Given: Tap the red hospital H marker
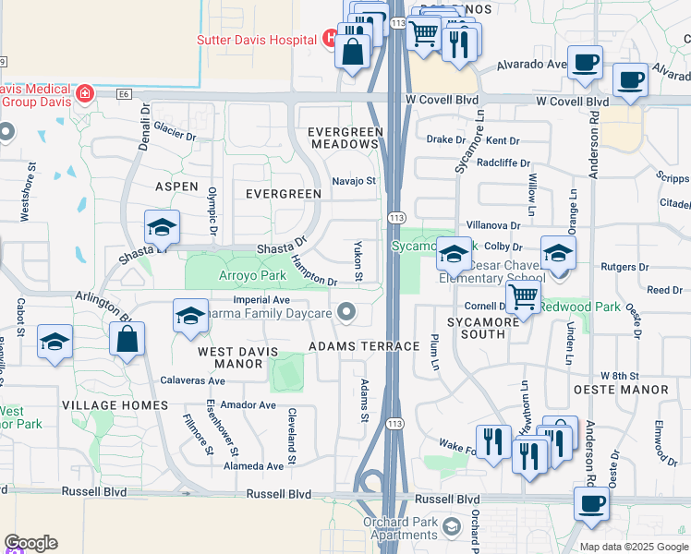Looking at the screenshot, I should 330,39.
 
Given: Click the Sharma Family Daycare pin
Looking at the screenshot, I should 347,313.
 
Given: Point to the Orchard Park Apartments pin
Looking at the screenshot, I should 452,527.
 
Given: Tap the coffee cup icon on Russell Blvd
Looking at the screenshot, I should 591,505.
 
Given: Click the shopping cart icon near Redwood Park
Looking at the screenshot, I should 523,297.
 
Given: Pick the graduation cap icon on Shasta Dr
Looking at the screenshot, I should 162,227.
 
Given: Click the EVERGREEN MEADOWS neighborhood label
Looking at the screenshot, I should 345,138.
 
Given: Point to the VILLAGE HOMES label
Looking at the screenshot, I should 115,405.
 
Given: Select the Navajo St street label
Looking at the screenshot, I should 355,182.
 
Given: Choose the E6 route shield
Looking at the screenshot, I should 125,93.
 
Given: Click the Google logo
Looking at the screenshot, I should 30,543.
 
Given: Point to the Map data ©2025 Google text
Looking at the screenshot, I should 634,546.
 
